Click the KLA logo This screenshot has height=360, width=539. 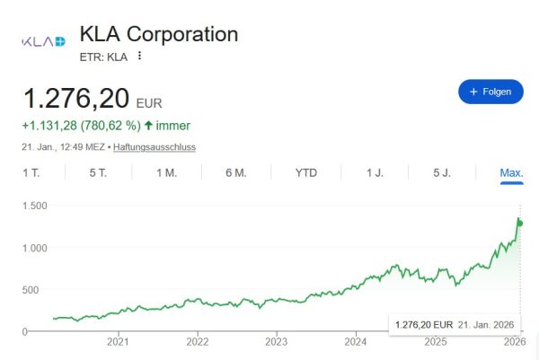pyautogui.click(x=43, y=41)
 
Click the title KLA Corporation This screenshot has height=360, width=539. pyautogui.click(x=159, y=34)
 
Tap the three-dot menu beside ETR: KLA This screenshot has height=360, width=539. pyautogui.click(x=140, y=56)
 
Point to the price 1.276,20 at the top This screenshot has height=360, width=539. pyautogui.click(x=76, y=98)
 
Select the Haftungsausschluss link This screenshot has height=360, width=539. pyautogui.click(x=154, y=146)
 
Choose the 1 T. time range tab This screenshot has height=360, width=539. pyautogui.click(x=31, y=172)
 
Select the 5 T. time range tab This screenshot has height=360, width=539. pyautogui.click(x=98, y=172)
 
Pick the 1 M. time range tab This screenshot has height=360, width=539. pyautogui.click(x=166, y=172)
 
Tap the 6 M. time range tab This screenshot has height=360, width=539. pyautogui.click(x=235, y=172)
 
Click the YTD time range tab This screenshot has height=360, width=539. pyautogui.click(x=306, y=172)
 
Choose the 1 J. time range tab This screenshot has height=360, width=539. pyautogui.click(x=375, y=172)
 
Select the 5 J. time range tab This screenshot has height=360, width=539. pyautogui.click(x=442, y=172)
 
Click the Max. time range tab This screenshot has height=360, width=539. pyautogui.click(x=511, y=172)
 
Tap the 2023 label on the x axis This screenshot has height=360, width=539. pyautogui.click(x=276, y=342)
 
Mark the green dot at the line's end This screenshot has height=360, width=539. pyautogui.click(x=520, y=223)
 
